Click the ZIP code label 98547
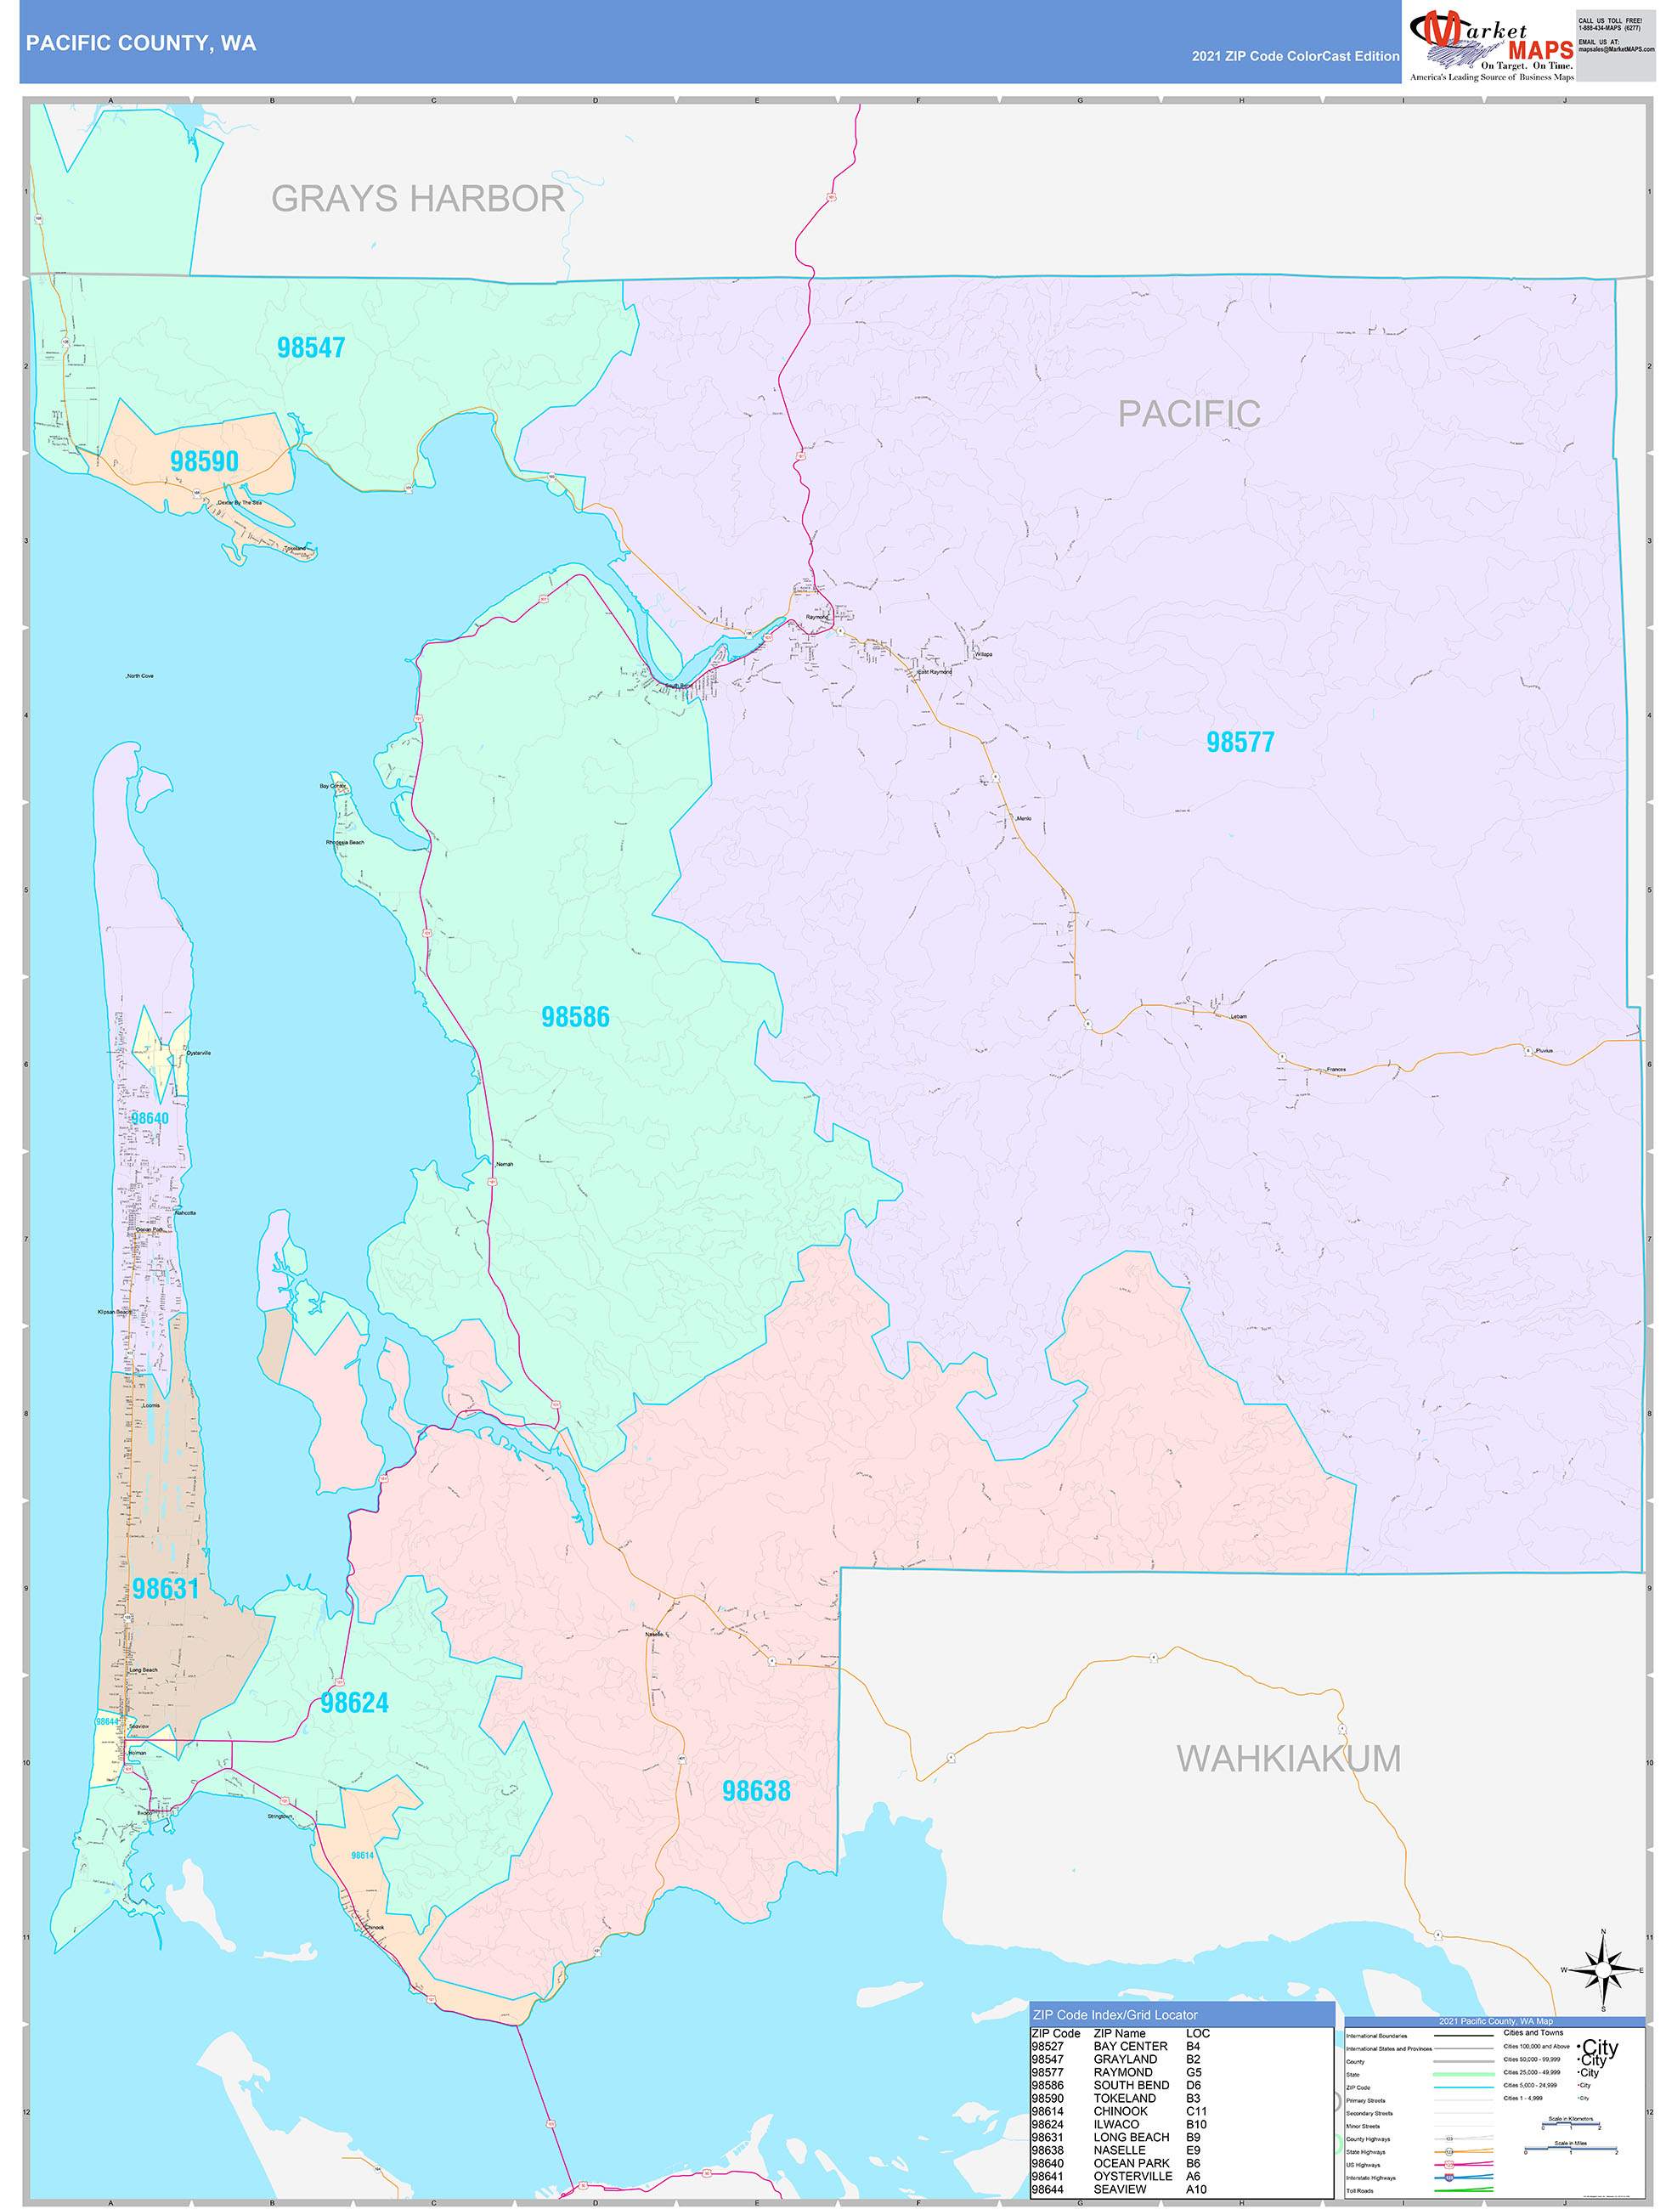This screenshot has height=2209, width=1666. tap(311, 347)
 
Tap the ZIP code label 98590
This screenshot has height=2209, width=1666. tap(204, 461)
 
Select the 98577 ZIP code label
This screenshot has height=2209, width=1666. tap(1240, 742)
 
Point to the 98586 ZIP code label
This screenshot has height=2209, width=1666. tap(575, 1017)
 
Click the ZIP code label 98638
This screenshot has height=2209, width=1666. tap(756, 1791)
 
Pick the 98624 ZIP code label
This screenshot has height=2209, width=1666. tap(354, 1703)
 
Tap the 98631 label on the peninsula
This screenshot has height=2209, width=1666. tap(166, 1589)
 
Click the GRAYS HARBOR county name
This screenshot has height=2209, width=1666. tap(417, 199)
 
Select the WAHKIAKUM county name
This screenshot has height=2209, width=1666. tap(1289, 1759)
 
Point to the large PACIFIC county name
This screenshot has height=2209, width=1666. tap(1189, 414)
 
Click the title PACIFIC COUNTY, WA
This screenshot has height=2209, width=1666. tap(141, 43)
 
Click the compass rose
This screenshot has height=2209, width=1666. tap(1603, 1969)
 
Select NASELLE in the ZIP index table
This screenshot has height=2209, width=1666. tap(1119, 2150)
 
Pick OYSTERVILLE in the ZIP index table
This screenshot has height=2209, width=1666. tap(1132, 2176)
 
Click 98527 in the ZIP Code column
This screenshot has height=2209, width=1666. tap(1047, 2046)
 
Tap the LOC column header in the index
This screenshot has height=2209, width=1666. tap(1198, 2033)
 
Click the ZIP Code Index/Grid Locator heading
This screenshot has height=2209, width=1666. tap(1115, 2015)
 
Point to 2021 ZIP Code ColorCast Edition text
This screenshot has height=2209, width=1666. tap(1295, 56)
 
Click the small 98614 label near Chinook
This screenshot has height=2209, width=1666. tap(362, 1856)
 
